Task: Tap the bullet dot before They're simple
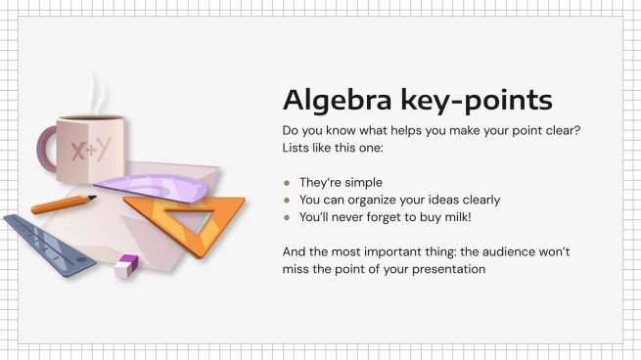coord(287,182)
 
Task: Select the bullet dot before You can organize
coord(287,200)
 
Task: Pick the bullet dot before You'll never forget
coord(287,216)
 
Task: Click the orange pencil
coord(64,204)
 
